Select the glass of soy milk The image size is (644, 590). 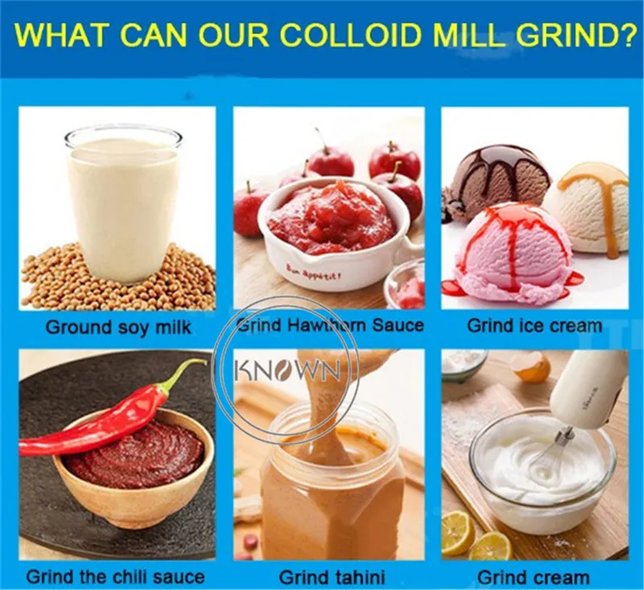pyautogui.click(x=123, y=205)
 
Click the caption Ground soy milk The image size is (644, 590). pyautogui.click(x=118, y=328)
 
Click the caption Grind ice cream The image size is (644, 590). pyautogui.click(x=535, y=326)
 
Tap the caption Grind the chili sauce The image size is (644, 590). pyautogui.click(x=115, y=577)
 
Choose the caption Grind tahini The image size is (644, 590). pyautogui.click(x=332, y=578)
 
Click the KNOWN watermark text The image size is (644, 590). pyautogui.click(x=287, y=370)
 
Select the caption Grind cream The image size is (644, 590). pyautogui.click(x=533, y=578)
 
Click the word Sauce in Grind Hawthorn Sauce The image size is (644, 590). pyautogui.click(x=398, y=325)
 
